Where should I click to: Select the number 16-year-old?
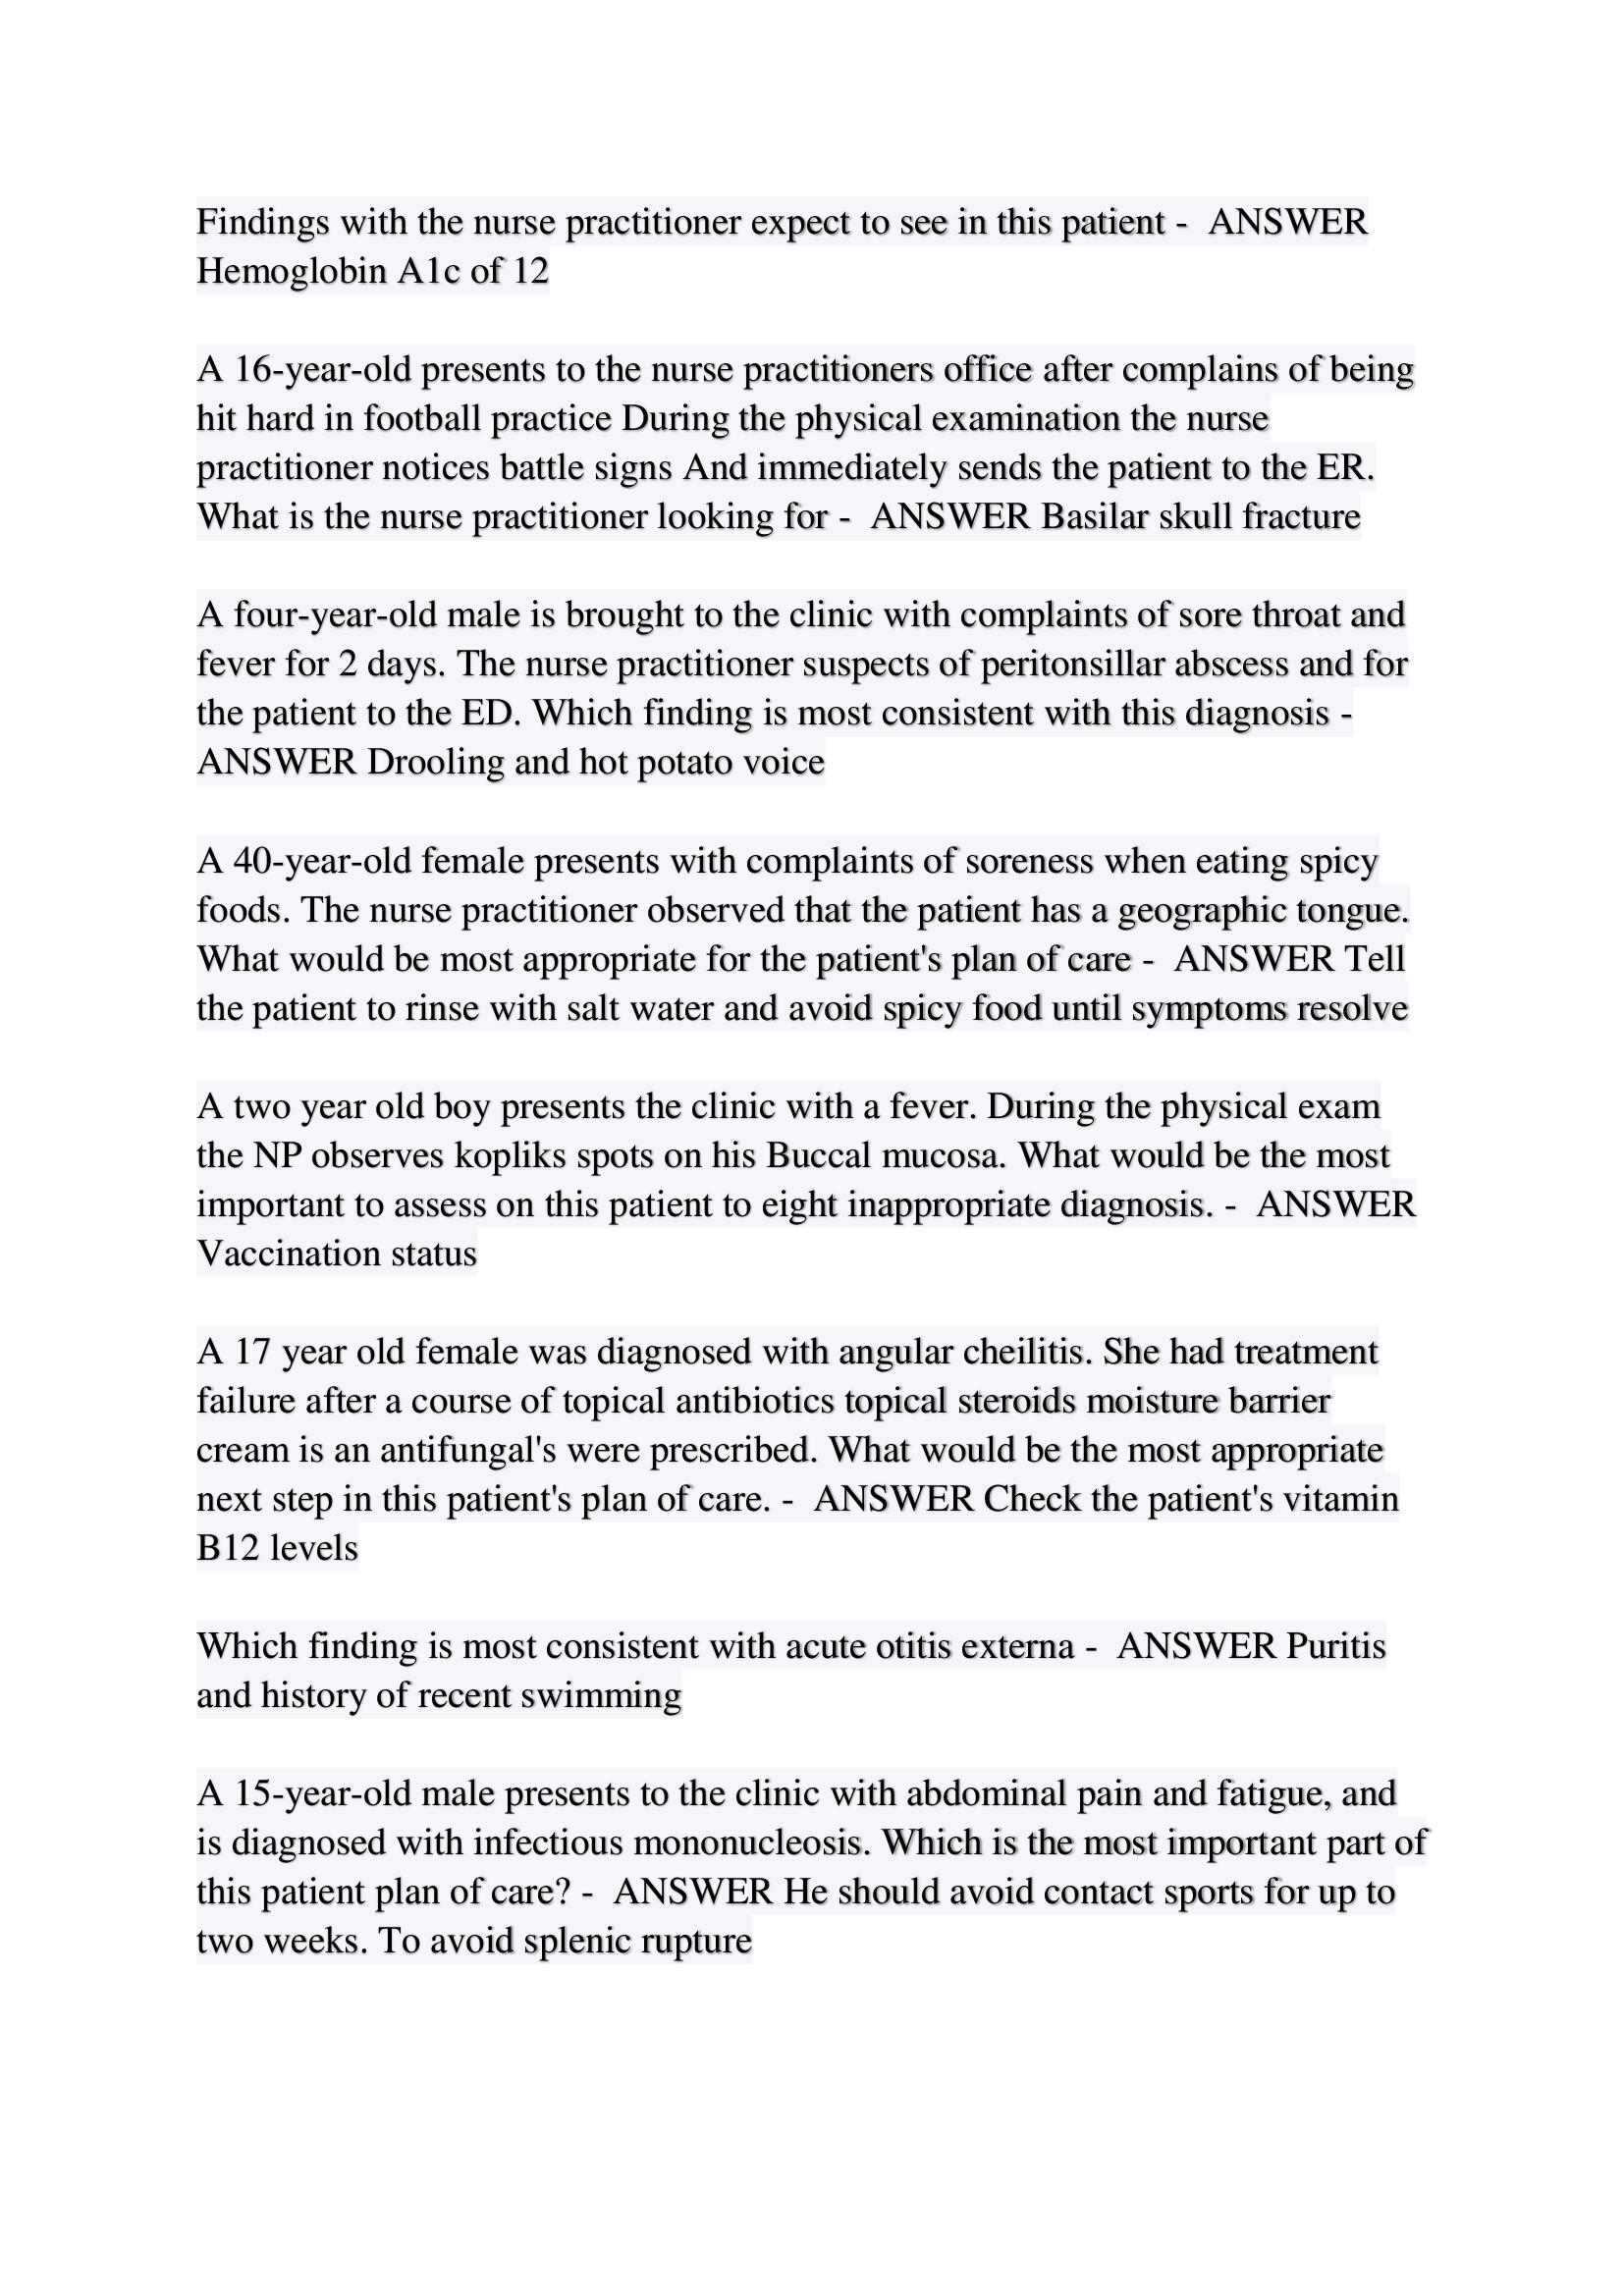(x=323, y=369)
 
